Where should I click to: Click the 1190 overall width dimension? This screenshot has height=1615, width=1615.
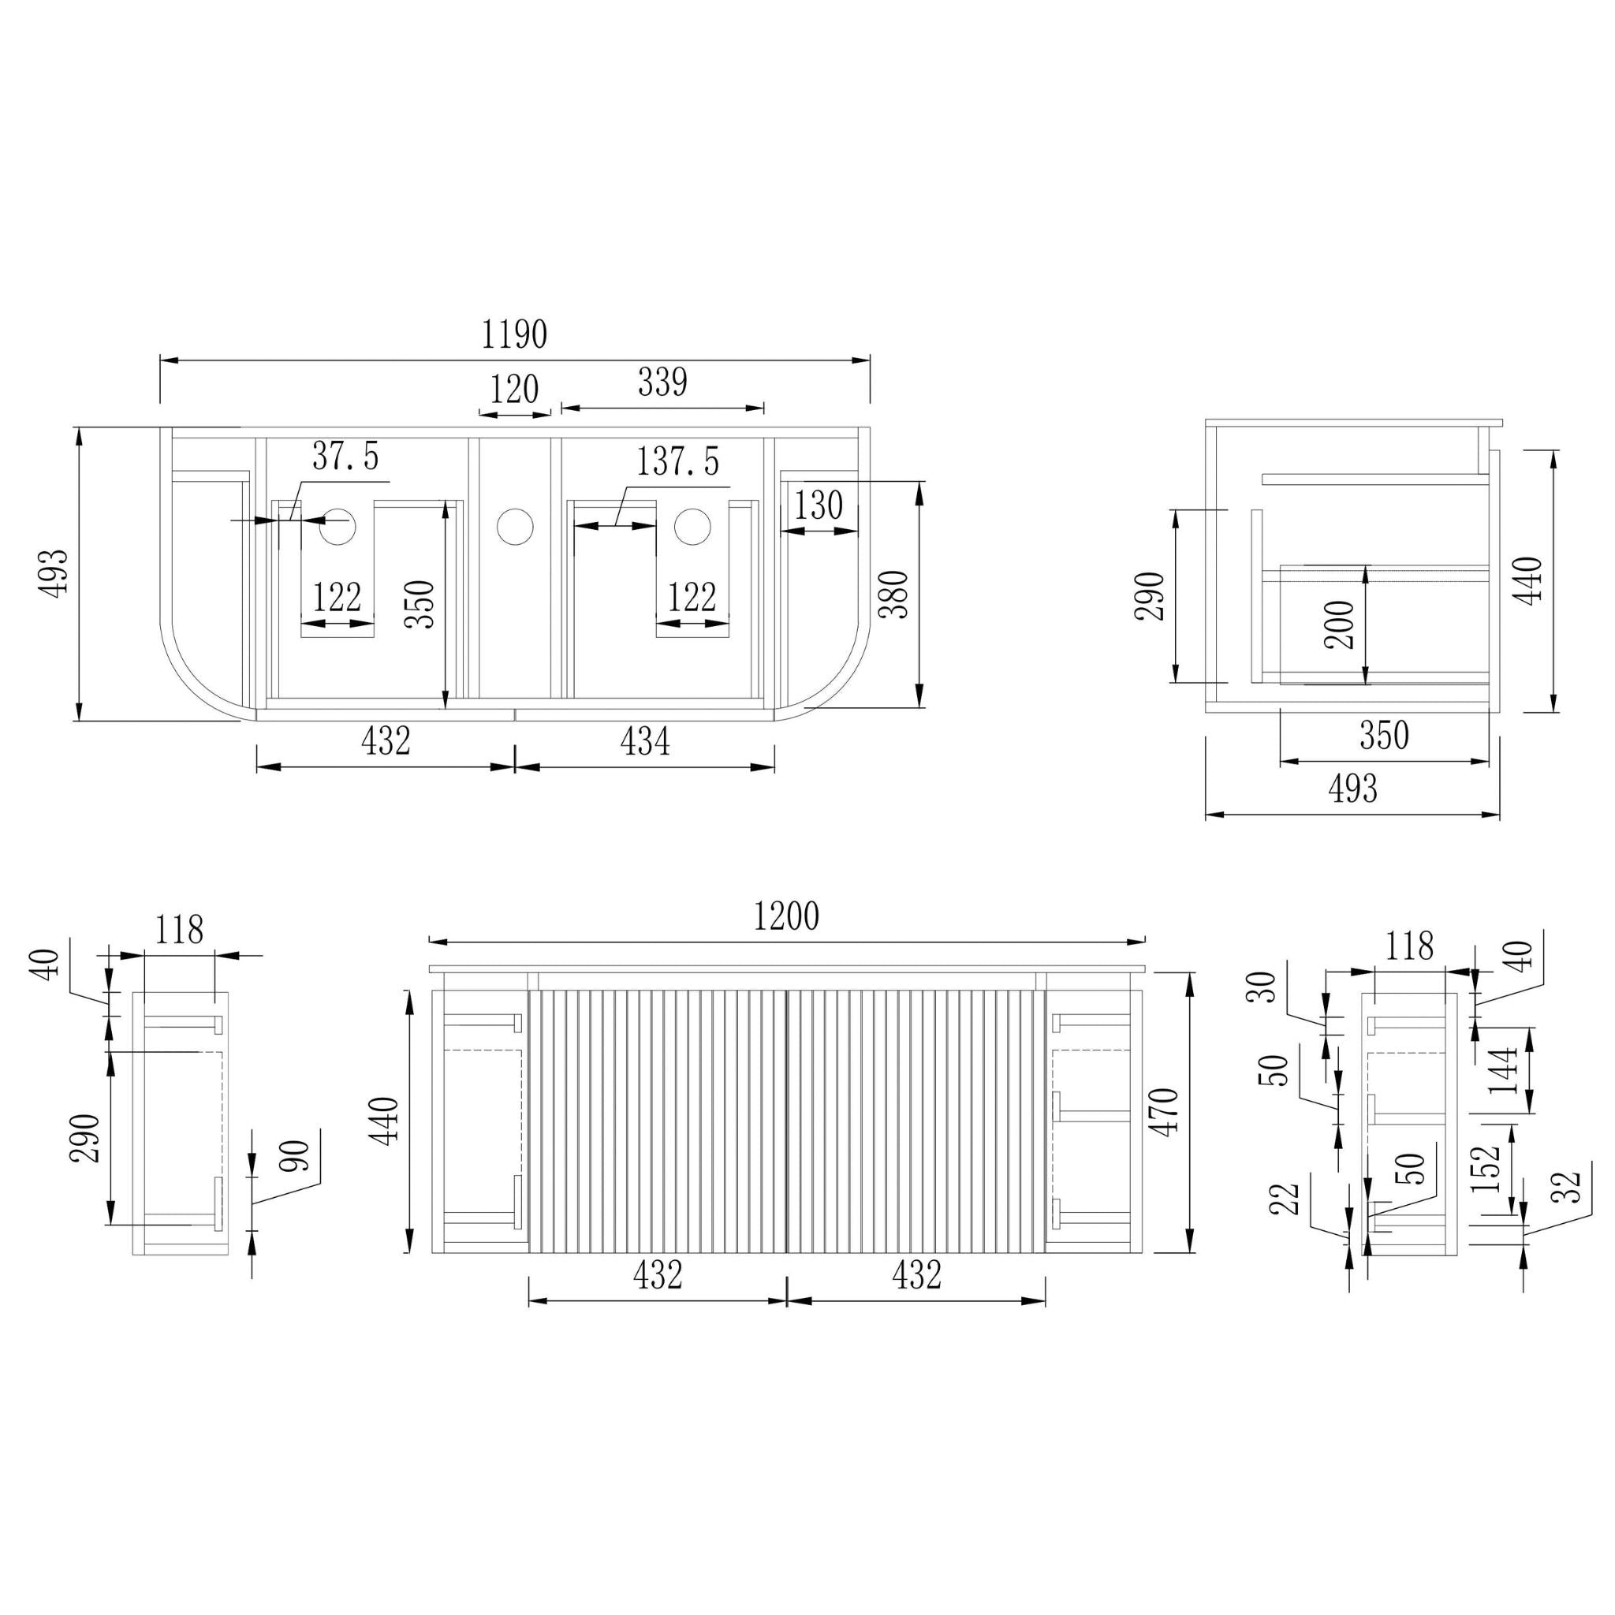point(514,334)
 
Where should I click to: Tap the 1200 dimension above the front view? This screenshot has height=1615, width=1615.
point(785,917)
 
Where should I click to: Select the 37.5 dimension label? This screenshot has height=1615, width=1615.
point(345,457)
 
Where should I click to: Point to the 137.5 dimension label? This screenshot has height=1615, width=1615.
point(678,461)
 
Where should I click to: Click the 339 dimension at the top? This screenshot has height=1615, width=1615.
point(663,382)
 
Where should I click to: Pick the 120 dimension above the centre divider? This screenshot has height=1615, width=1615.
point(514,390)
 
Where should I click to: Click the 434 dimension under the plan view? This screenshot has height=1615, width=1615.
point(644,740)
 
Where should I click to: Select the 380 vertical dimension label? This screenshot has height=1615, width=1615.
point(893,594)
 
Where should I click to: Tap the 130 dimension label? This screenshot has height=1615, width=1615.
point(818,505)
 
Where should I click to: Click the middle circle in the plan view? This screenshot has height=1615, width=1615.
point(515,527)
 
